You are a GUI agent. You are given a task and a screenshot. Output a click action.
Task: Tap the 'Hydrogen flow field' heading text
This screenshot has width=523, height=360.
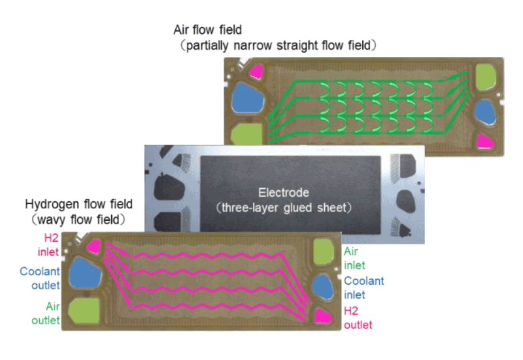click(78, 204)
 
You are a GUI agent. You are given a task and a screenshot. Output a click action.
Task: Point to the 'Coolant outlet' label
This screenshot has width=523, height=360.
click(40, 278)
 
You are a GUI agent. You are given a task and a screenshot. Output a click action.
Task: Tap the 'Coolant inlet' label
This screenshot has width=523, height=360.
click(363, 287)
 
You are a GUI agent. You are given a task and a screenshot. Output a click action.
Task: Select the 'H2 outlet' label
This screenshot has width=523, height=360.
click(357, 318)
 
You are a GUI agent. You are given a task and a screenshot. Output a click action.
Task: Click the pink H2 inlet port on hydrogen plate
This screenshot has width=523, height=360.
click(93, 246)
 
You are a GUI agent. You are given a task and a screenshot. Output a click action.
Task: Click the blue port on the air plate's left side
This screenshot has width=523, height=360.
click(247, 97)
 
